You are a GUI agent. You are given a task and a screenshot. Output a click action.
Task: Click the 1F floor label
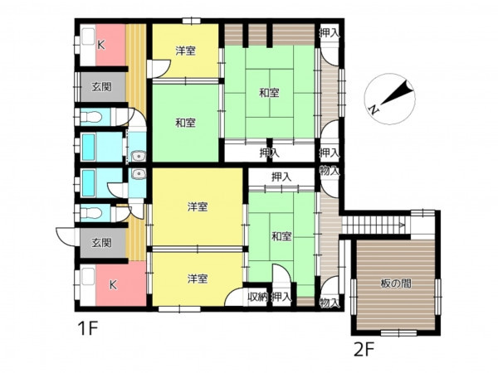(87, 328)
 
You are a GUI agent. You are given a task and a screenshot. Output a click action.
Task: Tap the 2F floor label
(364, 350)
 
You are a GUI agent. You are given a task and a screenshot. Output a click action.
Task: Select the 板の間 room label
(396, 283)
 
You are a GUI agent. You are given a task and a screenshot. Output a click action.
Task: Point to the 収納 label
(257, 297)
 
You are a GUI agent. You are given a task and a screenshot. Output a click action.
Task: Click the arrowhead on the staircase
(402, 225)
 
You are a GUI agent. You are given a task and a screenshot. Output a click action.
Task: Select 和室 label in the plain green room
(185, 123)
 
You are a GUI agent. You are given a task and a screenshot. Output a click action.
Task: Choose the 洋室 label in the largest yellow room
(198, 207)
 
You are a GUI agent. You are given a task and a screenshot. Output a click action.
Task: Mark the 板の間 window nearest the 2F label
(398, 332)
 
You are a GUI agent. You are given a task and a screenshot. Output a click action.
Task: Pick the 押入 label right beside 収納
(281, 297)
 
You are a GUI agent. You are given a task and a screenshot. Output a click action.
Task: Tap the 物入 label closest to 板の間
(330, 303)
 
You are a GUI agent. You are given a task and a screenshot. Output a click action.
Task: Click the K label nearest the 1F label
(113, 285)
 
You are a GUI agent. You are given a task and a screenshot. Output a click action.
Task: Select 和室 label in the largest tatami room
(269, 93)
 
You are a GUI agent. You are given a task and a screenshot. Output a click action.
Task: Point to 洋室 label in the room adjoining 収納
(198, 279)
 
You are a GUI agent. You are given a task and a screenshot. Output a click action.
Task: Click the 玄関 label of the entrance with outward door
(101, 243)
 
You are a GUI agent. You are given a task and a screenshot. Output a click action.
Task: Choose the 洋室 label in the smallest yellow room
(185, 51)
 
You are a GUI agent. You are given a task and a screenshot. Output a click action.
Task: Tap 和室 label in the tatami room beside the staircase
(281, 236)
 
